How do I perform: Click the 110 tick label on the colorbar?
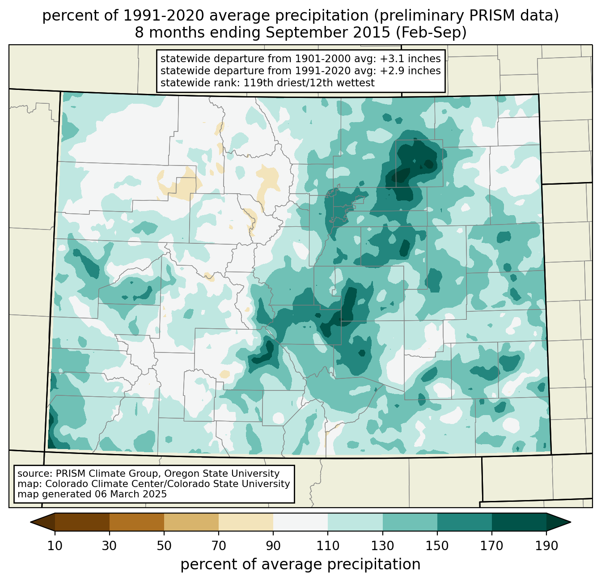pos(328,546)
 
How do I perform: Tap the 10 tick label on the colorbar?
pos(55,546)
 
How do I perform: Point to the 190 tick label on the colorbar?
pos(546,546)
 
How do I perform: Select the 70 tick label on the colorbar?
pos(219,546)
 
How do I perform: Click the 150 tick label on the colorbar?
pos(437,546)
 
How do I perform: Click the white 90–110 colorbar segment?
pos(300,522)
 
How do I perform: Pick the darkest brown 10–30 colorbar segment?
pos(82,522)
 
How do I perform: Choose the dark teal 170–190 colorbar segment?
pos(519,522)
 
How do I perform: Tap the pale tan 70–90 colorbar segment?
pos(246,522)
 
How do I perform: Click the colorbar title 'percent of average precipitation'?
pos(300,564)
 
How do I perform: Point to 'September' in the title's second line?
pos(300,33)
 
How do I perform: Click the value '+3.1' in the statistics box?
pos(390,59)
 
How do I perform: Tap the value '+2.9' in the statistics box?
pos(390,71)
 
